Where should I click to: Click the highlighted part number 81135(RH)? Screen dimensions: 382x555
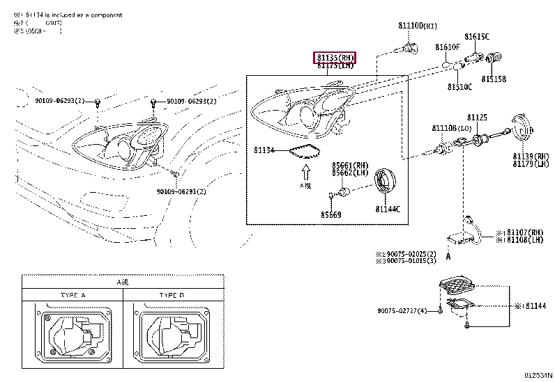pos(335,57)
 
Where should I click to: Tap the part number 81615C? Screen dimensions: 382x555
pos(477,36)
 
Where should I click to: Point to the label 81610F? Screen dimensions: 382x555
pos(448,47)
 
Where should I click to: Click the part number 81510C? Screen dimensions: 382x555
pos(459,87)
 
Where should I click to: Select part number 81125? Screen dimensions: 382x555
pos(477,118)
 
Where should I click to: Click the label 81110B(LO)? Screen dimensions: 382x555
pos(448,129)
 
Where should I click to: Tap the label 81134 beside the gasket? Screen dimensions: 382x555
pos(264,150)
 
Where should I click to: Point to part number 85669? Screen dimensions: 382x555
pos(331,214)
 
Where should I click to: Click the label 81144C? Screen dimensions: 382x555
pos(388,209)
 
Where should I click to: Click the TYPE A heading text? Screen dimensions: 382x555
pos(73,296)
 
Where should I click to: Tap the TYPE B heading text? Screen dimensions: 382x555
pos(171,296)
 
